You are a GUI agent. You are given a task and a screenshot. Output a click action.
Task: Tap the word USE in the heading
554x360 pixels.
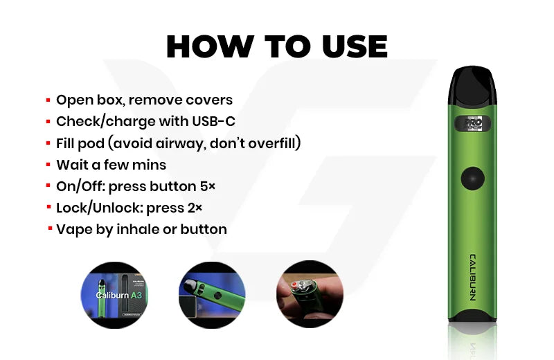click(x=355, y=46)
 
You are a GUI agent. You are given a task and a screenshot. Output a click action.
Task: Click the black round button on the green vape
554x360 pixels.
click(x=472, y=179)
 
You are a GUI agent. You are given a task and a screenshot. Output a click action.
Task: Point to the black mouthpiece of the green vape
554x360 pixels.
click(x=472, y=86)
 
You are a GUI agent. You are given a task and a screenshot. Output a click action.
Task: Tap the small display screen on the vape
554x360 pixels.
click(x=473, y=124)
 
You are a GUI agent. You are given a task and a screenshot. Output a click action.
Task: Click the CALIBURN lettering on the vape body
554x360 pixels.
click(x=472, y=278)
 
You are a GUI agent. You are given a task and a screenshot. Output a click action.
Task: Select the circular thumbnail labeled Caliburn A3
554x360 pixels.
click(x=114, y=295)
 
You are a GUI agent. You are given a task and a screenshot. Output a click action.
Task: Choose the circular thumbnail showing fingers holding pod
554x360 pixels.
click(x=310, y=294)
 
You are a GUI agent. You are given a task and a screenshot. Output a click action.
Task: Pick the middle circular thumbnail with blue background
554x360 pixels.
click(x=212, y=295)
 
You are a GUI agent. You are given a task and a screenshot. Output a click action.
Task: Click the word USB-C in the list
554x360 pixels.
click(x=213, y=122)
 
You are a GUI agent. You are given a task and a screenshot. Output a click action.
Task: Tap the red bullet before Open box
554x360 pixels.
click(x=48, y=100)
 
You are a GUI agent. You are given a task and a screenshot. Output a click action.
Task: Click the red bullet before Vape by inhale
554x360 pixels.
click(x=50, y=228)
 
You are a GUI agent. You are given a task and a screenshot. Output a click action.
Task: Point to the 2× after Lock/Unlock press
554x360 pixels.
click(x=195, y=208)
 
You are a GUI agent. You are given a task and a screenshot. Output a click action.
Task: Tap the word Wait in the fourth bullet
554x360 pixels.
click(x=72, y=165)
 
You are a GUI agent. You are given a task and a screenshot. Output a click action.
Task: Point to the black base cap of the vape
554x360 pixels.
click(x=472, y=316)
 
